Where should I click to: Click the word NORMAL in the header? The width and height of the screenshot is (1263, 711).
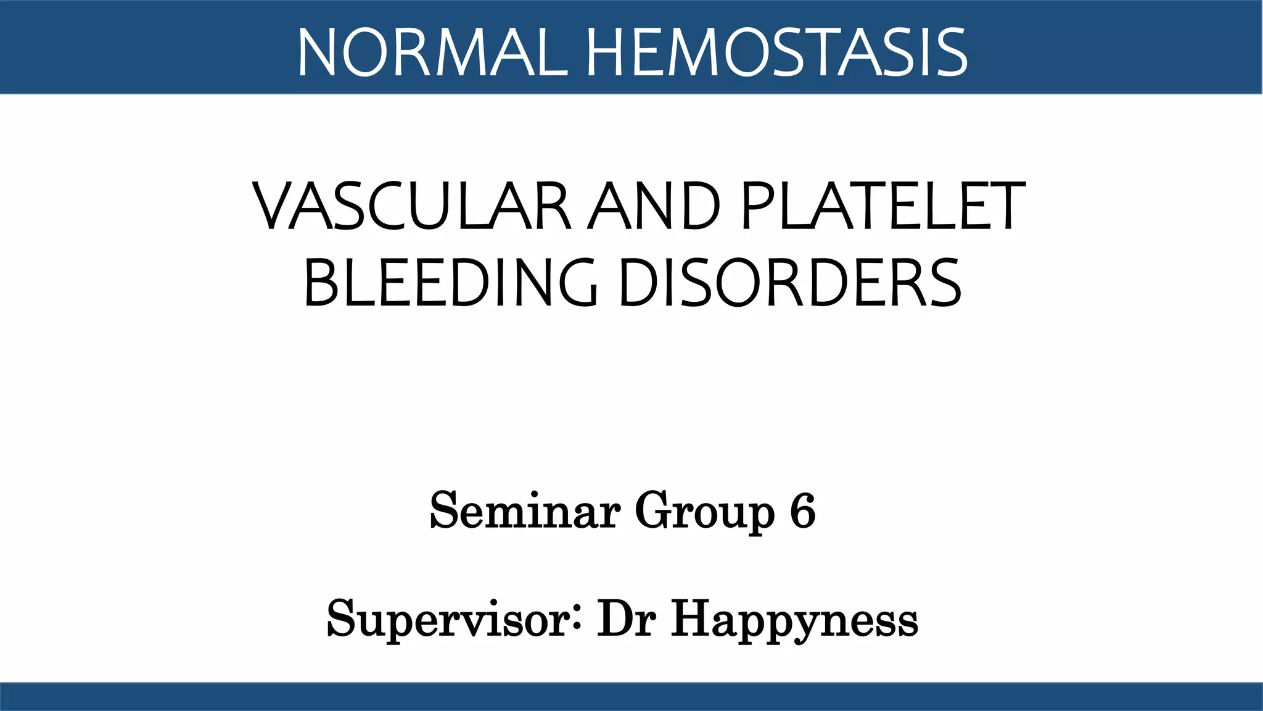click(432, 53)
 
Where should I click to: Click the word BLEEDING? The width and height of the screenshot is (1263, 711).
click(450, 283)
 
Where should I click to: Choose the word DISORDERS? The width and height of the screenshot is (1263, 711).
click(791, 283)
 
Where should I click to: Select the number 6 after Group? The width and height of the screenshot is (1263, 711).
click(802, 511)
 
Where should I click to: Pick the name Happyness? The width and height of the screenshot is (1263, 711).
click(794, 620)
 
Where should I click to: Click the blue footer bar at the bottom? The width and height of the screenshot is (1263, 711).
click(631, 697)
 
